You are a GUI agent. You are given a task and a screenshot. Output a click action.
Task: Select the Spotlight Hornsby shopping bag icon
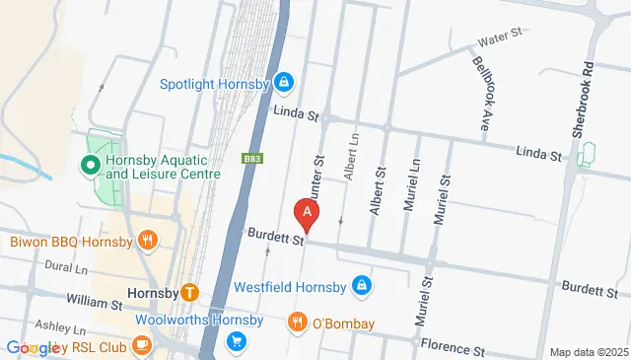(284, 81)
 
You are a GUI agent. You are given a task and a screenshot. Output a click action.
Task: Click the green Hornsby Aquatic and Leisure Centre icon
(91, 165)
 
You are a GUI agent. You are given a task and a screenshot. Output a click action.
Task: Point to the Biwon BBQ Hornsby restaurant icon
(148, 240)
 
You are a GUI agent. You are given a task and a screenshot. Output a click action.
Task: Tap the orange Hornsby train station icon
(190, 292)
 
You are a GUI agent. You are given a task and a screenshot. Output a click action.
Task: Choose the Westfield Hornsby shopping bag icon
(362, 287)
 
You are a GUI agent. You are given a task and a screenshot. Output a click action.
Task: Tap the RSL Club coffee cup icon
(142, 344)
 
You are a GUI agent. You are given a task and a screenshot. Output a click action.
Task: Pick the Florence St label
(453, 349)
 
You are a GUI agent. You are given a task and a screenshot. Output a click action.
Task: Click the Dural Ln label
(66, 266)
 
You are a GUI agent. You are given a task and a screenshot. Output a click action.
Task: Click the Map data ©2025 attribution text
(588, 352)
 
